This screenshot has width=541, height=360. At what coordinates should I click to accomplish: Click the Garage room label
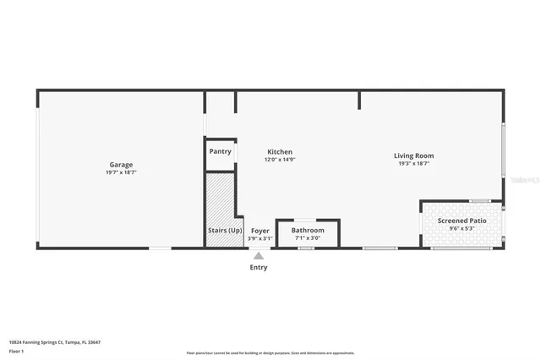[x=121, y=165]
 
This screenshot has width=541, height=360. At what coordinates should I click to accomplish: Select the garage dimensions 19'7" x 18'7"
[x=121, y=172]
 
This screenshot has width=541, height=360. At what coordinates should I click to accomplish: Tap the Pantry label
[x=220, y=151]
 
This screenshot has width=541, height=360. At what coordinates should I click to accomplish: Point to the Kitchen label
[x=280, y=151]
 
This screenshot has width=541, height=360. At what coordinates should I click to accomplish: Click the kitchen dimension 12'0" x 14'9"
[x=280, y=159]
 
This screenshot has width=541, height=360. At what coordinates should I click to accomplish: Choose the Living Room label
[x=413, y=155]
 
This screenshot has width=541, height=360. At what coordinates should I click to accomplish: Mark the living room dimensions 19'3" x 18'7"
[x=413, y=163]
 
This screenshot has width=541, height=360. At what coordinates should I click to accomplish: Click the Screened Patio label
[x=462, y=221]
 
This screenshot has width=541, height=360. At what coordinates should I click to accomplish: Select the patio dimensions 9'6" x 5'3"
[x=462, y=228]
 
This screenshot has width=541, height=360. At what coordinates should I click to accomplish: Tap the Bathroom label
[x=308, y=230]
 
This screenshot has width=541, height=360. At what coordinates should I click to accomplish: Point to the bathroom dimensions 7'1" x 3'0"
[x=308, y=237]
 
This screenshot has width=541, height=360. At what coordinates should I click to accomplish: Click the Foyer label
[x=260, y=230]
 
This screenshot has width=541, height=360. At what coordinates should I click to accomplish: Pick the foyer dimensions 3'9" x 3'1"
[x=260, y=237]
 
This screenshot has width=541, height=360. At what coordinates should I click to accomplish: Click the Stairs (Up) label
[x=225, y=230]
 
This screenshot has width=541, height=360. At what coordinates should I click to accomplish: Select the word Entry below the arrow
[x=259, y=267]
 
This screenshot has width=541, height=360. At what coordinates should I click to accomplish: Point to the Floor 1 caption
[x=16, y=350]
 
